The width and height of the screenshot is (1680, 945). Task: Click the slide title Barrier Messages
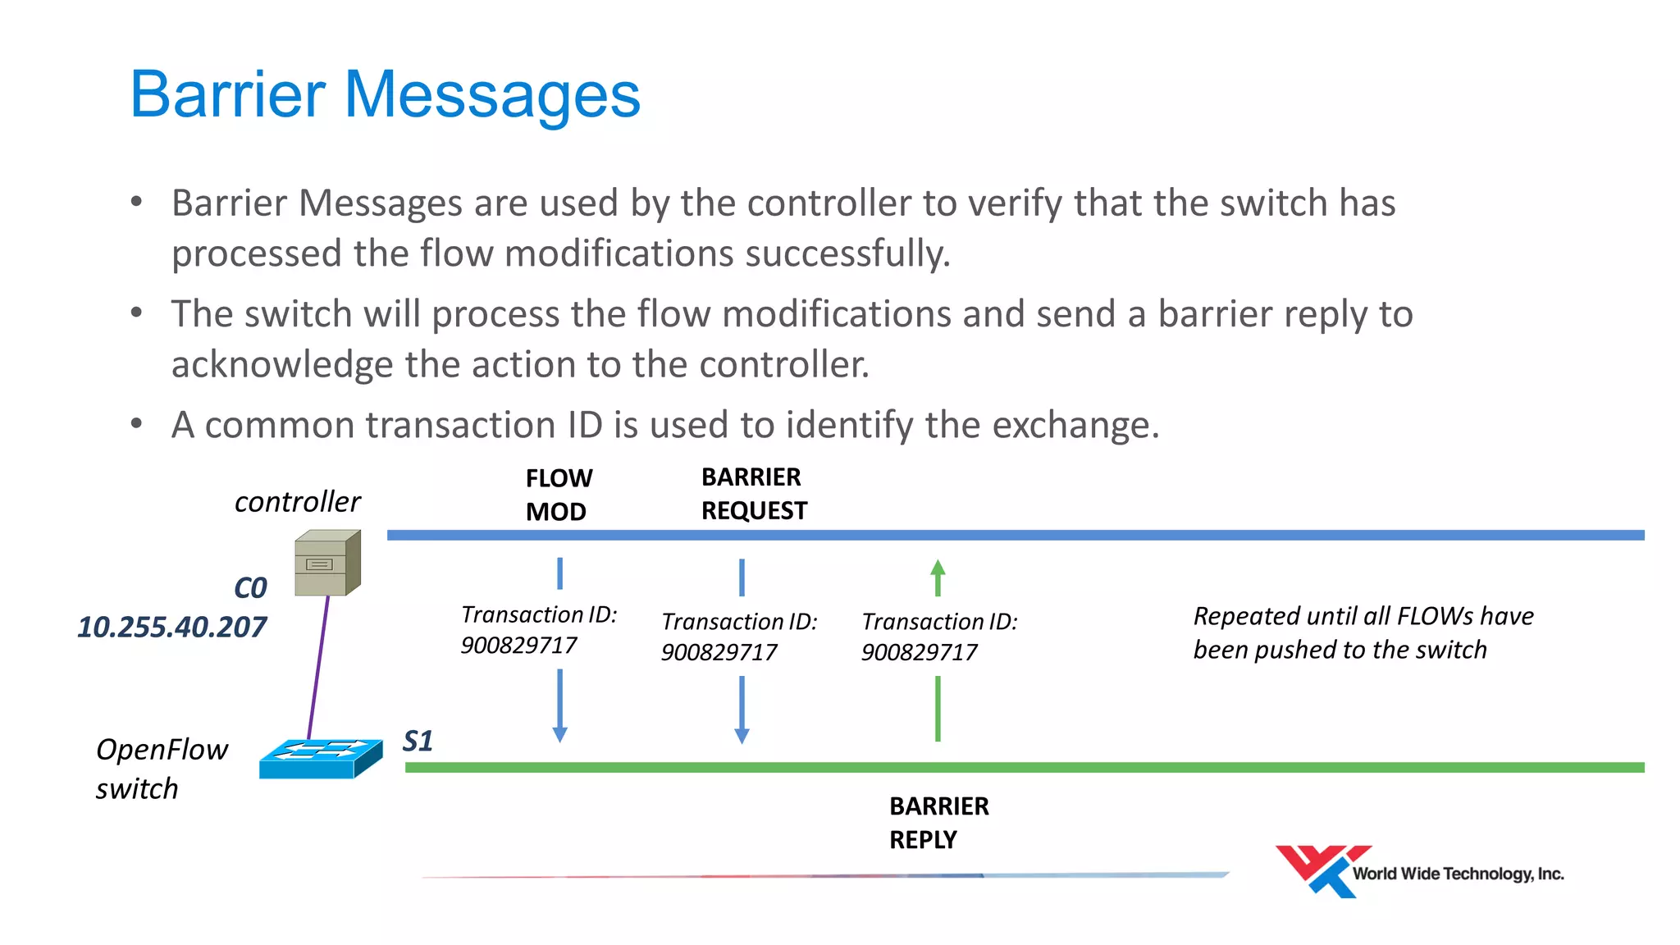pyautogui.click(x=385, y=95)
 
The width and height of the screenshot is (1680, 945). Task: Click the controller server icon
pyautogui.click(x=327, y=564)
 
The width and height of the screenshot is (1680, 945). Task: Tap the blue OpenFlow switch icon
pyautogui.click(x=321, y=759)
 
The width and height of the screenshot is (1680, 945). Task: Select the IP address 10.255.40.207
pyautogui.click(x=172, y=628)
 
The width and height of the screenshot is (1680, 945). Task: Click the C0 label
pyautogui.click(x=250, y=588)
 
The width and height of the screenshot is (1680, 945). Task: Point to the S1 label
pyautogui.click(x=418, y=742)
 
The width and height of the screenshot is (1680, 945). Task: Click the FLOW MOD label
pyautogui.click(x=559, y=495)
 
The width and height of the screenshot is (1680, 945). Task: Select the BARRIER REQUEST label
pyautogui.click(x=754, y=494)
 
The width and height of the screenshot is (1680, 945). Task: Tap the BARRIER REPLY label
pyautogui.click(x=938, y=823)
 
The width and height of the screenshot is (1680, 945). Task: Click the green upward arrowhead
pyautogui.click(x=938, y=567)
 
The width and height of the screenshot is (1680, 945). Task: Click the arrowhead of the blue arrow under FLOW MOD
pyautogui.click(x=560, y=734)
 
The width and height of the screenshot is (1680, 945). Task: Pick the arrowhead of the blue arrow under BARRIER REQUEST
pyautogui.click(x=742, y=735)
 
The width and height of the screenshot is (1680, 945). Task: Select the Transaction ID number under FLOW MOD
pyautogui.click(x=518, y=646)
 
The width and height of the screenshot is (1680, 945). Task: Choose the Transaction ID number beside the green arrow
pyautogui.click(x=919, y=653)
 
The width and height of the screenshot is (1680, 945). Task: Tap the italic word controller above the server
pyautogui.click(x=297, y=502)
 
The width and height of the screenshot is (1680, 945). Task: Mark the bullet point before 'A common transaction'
pyautogui.click(x=137, y=424)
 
